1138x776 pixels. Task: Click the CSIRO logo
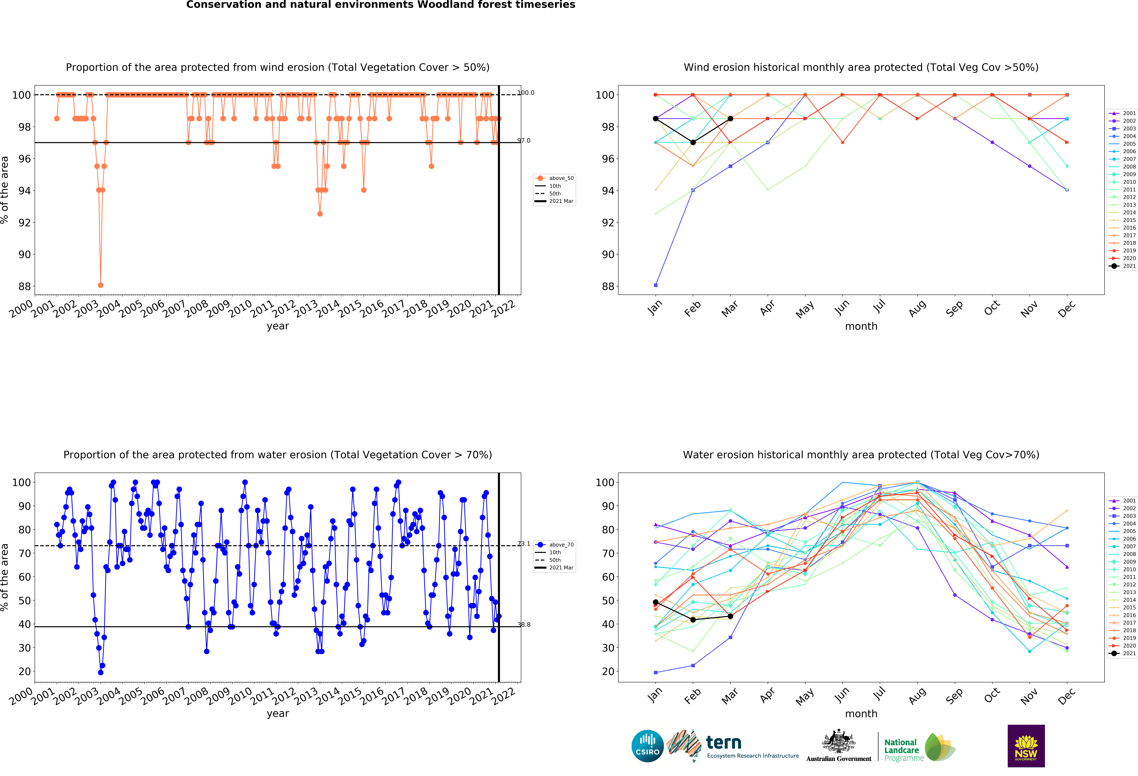tap(647, 746)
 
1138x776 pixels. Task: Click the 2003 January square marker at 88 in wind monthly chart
tap(656, 285)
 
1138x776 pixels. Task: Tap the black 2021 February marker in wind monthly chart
tap(693, 143)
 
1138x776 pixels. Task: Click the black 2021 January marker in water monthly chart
tap(656, 602)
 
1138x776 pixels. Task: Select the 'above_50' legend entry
tap(561, 178)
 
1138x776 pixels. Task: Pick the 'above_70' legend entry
tap(561, 545)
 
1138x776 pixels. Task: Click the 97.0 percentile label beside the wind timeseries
tap(524, 141)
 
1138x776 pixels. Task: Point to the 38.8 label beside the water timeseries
tap(524, 625)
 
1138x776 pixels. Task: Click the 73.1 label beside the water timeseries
tap(524, 544)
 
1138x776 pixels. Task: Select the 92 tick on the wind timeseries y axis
tap(25, 222)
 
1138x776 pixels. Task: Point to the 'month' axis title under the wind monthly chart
tap(861, 326)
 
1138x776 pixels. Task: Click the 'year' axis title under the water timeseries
tap(278, 713)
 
